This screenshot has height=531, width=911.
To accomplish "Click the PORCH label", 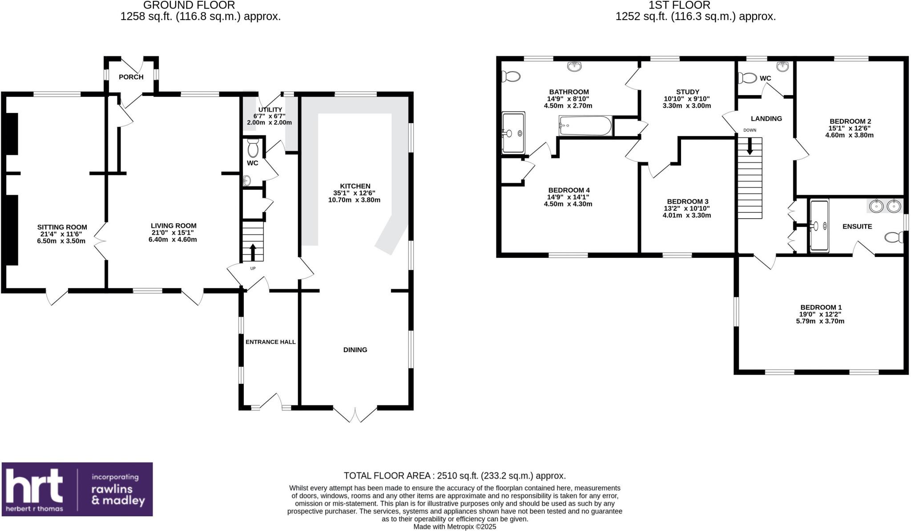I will (x=131, y=77).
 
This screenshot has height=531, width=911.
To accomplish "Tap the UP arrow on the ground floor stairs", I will (x=253, y=252).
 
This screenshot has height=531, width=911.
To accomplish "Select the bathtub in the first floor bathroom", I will (x=585, y=126).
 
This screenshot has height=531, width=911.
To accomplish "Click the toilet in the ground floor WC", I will (x=253, y=149).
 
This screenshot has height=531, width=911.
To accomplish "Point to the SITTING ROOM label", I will (x=62, y=227).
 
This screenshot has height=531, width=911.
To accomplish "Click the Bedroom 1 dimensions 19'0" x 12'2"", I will (x=820, y=314).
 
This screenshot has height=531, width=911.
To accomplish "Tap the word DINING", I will (x=355, y=350).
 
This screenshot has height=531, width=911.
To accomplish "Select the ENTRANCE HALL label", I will (x=270, y=342).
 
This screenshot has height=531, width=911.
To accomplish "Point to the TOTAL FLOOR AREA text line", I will (x=455, y=476).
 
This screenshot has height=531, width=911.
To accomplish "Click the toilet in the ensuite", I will (x=893, y=237).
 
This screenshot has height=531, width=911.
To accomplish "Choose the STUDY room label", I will (x=687, y=92).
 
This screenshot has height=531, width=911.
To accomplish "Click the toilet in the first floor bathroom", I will (x=510, y=77).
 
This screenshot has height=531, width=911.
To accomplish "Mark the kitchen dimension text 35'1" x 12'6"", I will (x=355, y=193).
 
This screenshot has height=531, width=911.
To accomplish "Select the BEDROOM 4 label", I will (x=568, y=190).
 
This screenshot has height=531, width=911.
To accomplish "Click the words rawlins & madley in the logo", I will (x=118, y=495).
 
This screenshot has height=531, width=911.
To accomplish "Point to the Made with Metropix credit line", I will (x=455, y=527).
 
